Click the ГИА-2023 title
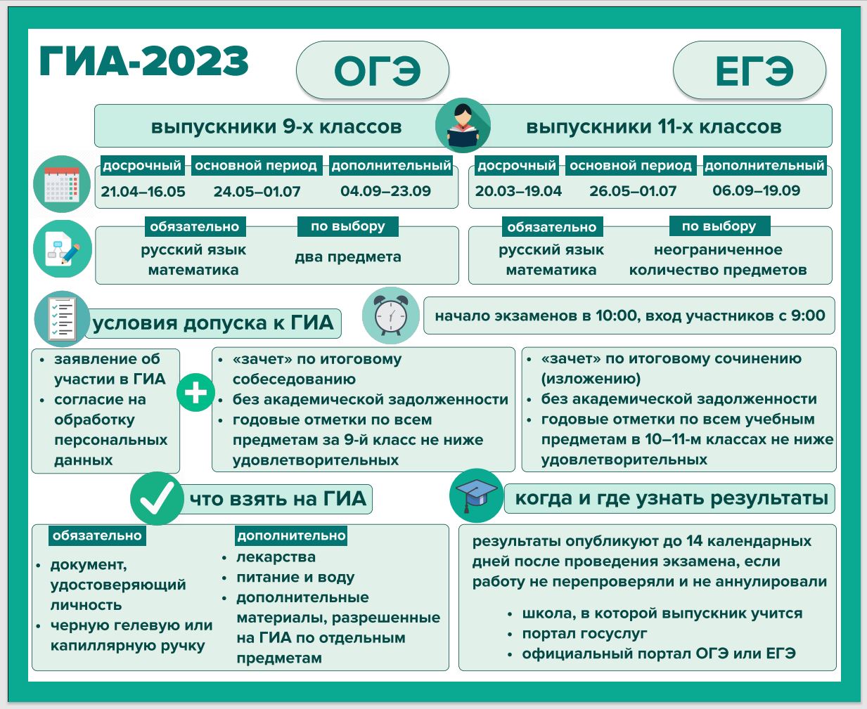click(143, 62)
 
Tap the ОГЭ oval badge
click(373, 70)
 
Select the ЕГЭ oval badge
click(750, 70)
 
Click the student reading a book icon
click(463, 125)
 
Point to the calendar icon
click(62, 184)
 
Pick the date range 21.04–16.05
click(143, 191)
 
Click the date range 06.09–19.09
click(757, 190)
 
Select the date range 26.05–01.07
click(633, 191)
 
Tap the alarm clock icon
click(390, 316)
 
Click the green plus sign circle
click(195, 392)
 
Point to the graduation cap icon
click(477, 495)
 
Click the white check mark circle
click(157, 498)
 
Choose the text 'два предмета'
click(348, 257)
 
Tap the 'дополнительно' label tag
click(291, 535)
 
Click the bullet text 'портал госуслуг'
click(584, 634)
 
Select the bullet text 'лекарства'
click(276, 557)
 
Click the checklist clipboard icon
click(62, 319)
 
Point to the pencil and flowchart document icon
click(63, 249)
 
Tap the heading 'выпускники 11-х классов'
click(654, 126)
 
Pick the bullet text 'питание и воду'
click(295, 578)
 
